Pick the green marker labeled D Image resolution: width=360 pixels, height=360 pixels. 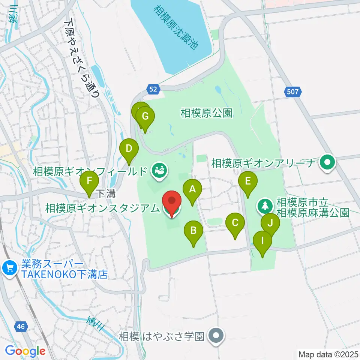tap(129, 149)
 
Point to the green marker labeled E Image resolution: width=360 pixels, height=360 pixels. tap(247, 181)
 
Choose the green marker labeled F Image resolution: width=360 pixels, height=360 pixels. tap(89, 181)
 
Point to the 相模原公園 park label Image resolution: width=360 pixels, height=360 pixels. tap(206, 113)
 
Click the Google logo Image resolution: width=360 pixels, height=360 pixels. tap(25, 351)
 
